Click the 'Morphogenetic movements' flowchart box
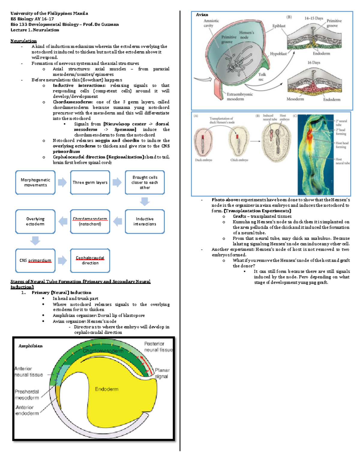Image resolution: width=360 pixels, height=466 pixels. (x=35, y=182)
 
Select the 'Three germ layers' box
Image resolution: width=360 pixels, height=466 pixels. (x=90, y=182)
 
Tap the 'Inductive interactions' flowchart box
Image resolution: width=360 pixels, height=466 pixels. (x=145, y=221)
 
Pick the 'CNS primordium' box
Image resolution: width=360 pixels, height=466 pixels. (x=35, y=260)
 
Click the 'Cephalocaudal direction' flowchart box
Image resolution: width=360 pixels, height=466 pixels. (x=90, y=260)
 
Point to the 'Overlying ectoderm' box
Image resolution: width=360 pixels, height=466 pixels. (x=35, y=221)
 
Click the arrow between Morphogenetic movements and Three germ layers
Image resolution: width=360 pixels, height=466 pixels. (x=62, y=182)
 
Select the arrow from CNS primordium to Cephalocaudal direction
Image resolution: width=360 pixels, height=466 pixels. (x=62, y=260)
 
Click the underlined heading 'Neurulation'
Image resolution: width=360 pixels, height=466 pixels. (x=23, y=41)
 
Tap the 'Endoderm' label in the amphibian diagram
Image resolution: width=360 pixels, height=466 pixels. (x=106, y=389)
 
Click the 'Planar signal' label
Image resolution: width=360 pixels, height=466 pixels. (x=162, y=373)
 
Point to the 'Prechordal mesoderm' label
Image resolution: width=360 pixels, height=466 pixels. (x=27, y=395)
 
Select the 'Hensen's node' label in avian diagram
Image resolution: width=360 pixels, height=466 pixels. (x=246, y=35)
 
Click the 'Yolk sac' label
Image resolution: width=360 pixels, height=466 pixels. (x=262, y=77)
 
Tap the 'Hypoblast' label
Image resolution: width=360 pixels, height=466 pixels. (x=278, y=54)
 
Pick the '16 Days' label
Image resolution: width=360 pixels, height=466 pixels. (x=313, y=63)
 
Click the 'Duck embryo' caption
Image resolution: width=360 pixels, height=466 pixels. (x=203, y=160)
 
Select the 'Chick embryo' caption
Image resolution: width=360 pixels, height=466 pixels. (x=239, y=160)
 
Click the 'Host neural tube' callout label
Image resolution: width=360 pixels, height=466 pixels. (x=342, y=161)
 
